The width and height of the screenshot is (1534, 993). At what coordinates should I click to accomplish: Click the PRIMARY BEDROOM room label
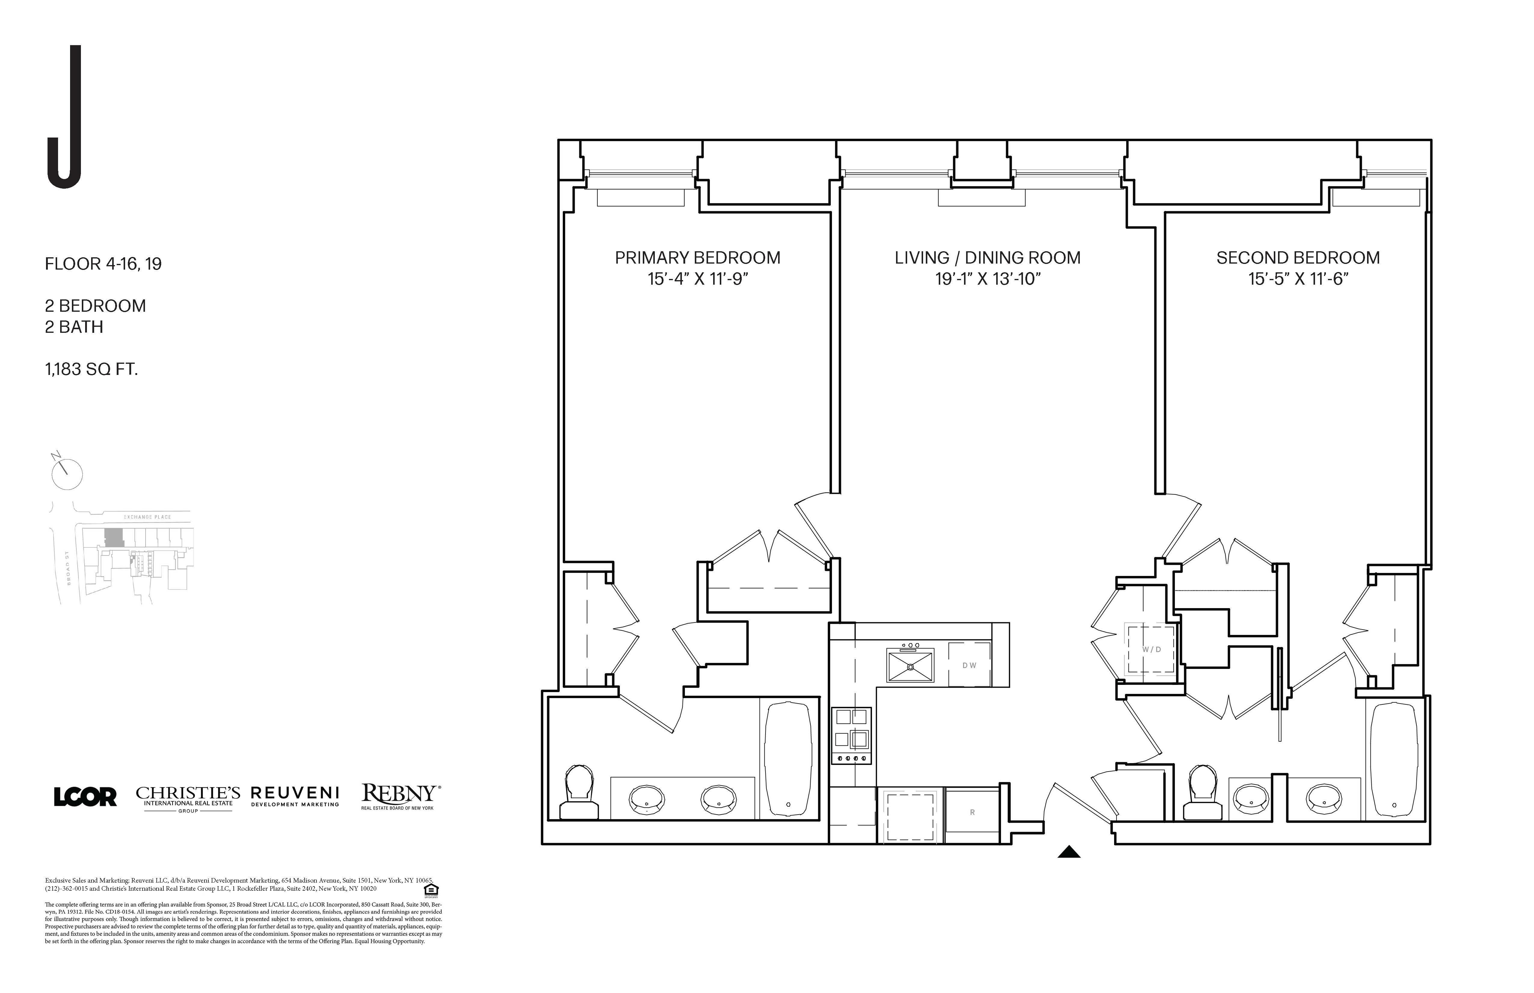pyautogui.click(x=698, y=258)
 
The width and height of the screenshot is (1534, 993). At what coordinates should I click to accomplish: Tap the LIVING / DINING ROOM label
pyautogui.click(x=987, y=258)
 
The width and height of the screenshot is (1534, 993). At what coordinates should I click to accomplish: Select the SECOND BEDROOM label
pyautogui.click(x=1298, y=258)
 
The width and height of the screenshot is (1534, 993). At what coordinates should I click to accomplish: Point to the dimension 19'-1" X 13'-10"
pyautogui.click(x=987, y=279)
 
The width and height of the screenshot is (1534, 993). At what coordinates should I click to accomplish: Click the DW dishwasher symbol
pyautogui.click(x=969, y=665)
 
